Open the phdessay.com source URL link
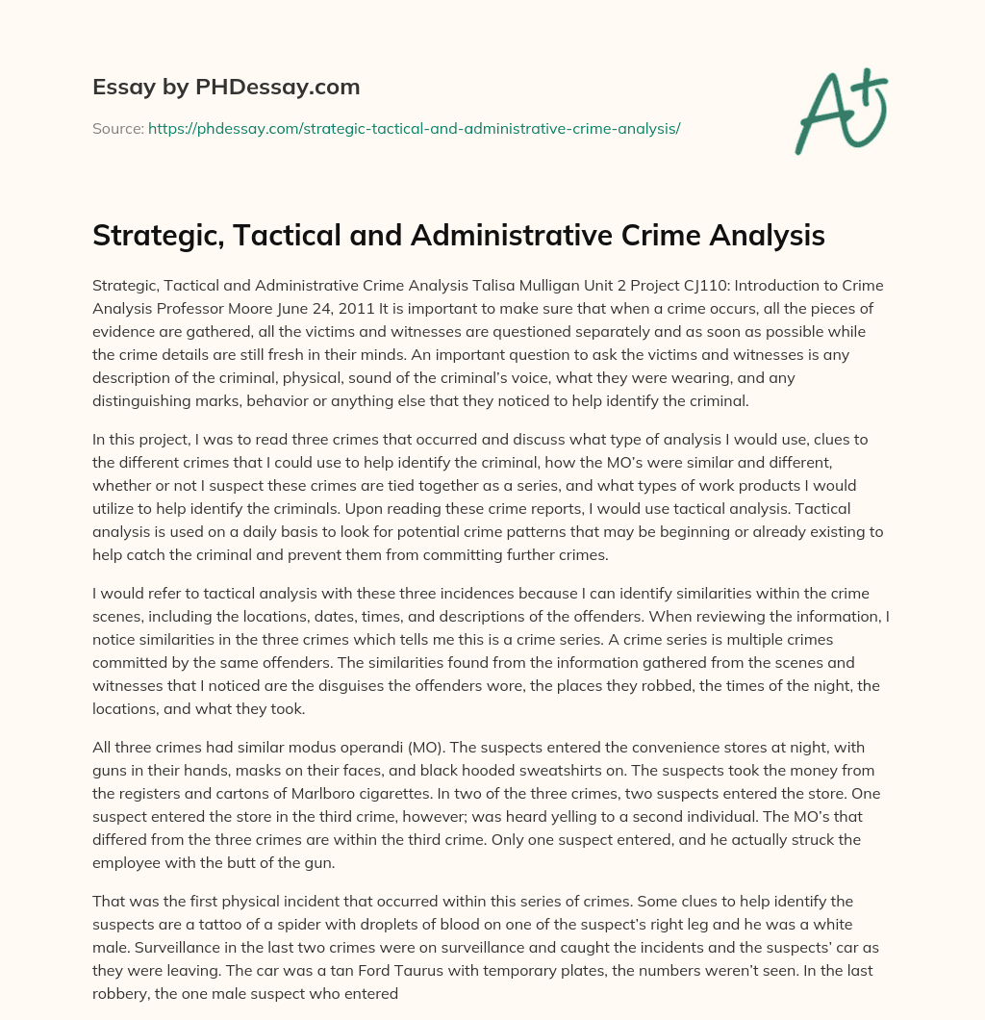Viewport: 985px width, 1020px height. point(414,128)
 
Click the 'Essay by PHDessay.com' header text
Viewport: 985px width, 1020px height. point(226,88)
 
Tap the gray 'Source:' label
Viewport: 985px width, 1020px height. point(117,128)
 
